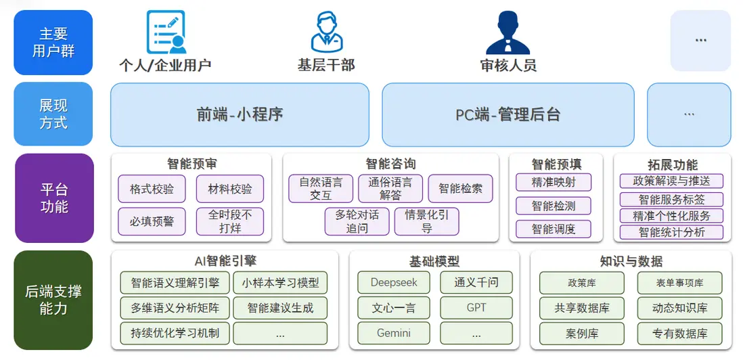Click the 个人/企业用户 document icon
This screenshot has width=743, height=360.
tap(166, 32)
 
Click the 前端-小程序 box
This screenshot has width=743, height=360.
tap(240, 114)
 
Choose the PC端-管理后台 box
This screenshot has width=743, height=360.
tap(508, 114)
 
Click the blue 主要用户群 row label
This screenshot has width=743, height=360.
tap(53, 42)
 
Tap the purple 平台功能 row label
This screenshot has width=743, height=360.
tap(53, 198)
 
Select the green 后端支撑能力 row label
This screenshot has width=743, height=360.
tap(53, 300)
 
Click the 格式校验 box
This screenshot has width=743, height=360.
tap(152, 189)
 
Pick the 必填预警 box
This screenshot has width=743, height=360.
tap(152, 221)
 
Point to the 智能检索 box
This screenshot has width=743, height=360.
tap(460, 189)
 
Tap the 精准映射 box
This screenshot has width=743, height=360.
tap(553, 182)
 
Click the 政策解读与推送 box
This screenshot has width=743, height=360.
tap(671, 181)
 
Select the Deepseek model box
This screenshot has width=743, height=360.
tap(394, 282)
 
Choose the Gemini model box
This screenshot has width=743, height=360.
tap(394, 333)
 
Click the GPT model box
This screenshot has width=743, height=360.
tap(476, 308)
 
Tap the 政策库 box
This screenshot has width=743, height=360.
tap(581, 282)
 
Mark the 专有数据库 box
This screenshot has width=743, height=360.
tap(679, 333)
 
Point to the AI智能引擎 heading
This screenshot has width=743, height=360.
tap(225, 261)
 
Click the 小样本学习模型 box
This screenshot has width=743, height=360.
tap(279, 282)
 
